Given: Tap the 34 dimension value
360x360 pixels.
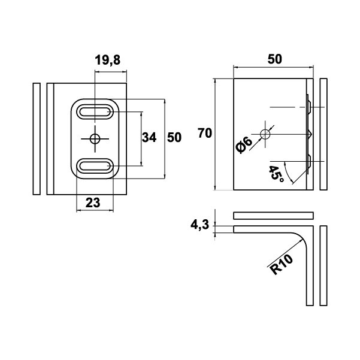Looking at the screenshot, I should (x=149, y=138).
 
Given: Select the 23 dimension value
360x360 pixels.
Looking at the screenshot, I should (x=92, y=202).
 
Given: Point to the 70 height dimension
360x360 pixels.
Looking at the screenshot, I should (x=204, y=134).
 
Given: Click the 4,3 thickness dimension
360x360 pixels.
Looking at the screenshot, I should (x=199, y=225).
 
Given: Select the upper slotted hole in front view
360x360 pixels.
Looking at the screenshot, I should (x=95, y=111).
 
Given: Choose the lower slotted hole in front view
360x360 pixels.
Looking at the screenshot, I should (x=95, y=166).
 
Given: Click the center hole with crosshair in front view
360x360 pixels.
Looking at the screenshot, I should (x=95, y=138).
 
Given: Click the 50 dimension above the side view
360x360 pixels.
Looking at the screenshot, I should (x=274, y=59).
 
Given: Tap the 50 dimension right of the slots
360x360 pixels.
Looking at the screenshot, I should (x=174, y=138).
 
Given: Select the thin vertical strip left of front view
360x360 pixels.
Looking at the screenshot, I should (x=35, y=138).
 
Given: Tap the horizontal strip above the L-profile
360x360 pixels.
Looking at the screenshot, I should (x=273, y=214).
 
